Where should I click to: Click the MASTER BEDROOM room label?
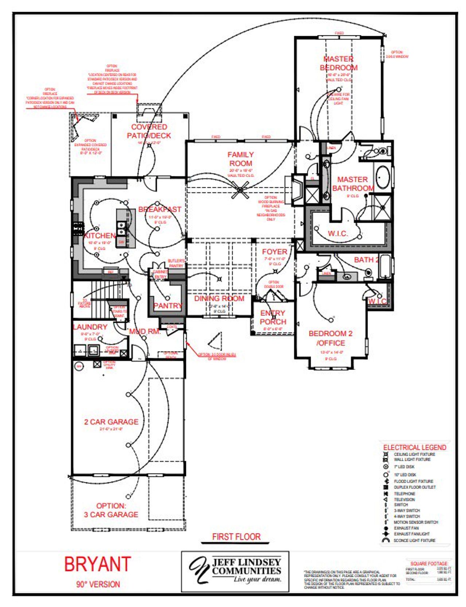pos(339,63)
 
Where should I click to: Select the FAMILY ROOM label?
pos(241,159)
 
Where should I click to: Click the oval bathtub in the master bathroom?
pos(383,177)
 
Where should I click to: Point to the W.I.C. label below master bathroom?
pos(338,233)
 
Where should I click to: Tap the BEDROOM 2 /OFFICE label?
pos(331,338)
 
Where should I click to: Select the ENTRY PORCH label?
pos(273,318)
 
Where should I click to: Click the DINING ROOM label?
pos(219,299)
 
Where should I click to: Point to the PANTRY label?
pos(167,306)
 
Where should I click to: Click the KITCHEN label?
pos(99,236)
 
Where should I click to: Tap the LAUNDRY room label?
pos(90,327)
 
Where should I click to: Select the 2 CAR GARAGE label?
pos(111,422)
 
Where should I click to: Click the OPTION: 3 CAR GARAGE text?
pos(111,510)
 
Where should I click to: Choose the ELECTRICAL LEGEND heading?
pos(415,447)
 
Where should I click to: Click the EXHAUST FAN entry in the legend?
pos(406,528)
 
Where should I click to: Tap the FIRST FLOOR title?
pos(236,537)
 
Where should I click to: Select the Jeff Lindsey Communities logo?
pos(236,571)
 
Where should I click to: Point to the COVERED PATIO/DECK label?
pos(149,131)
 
